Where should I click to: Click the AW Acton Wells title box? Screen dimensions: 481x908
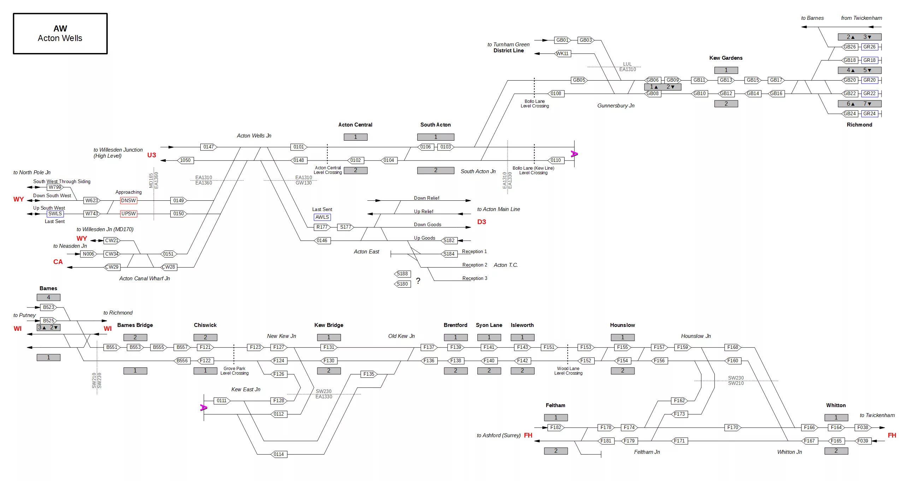point(60,34)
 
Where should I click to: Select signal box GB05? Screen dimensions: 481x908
point(579,80)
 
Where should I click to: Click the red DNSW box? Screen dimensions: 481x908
point(128,200)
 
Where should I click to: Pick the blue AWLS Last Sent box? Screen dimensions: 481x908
point(322,217)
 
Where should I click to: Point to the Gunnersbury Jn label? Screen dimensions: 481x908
point(615,106)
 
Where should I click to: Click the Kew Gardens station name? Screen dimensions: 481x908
point(726,58)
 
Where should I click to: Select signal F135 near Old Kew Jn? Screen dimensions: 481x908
point(368,374)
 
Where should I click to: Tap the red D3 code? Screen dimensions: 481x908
point(482,222)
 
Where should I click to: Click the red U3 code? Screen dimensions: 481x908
point(152,155)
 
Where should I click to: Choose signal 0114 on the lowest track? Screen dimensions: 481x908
point(279,454)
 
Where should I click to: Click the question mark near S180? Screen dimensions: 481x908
point(418,281)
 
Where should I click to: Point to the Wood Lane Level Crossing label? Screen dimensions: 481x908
point(568,371)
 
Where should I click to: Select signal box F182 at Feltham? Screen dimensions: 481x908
point(555,427)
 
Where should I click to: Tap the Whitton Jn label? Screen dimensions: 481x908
point(789,452)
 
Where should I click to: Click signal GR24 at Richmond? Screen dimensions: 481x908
point(869,113)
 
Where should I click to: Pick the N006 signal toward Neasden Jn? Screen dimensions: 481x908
point(88,254)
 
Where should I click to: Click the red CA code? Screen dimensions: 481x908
point(58,262)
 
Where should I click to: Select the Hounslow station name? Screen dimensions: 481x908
point(622,325)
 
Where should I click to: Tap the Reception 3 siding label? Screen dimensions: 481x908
point(474,278)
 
